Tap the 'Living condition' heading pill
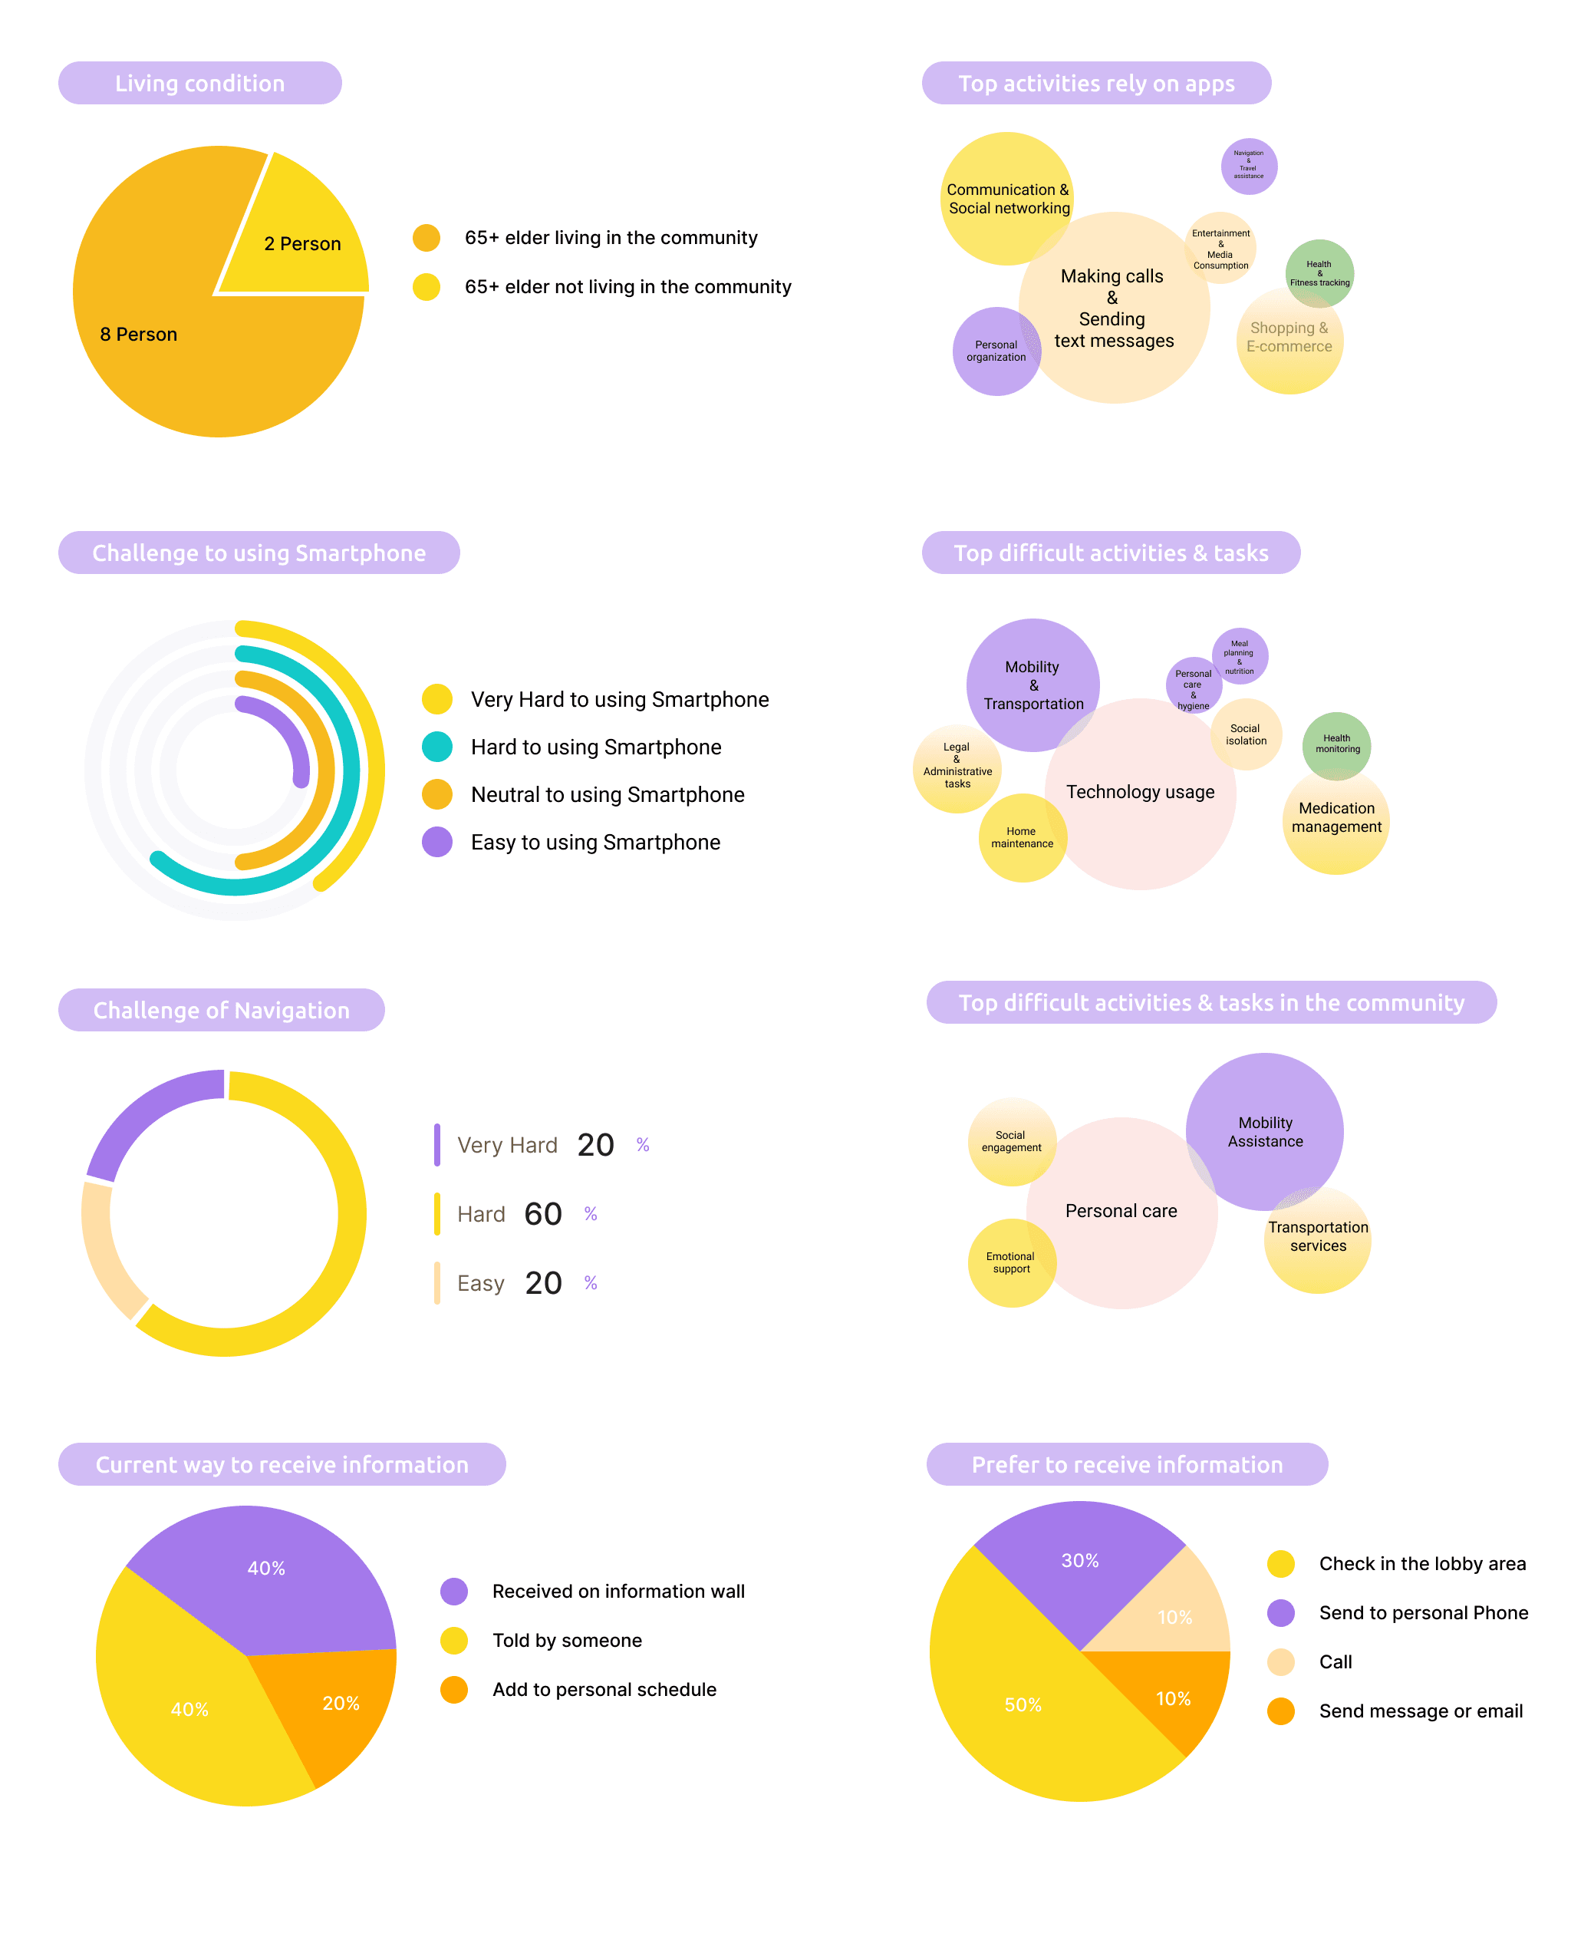(200, 84)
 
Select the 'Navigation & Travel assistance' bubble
(1249, 166)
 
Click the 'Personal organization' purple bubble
(995, 352)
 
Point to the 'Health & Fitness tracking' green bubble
(1319, 272)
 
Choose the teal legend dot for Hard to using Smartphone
(437, 747)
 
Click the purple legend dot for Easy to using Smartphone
(437, 842)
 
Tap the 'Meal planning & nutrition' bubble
(1240, 656)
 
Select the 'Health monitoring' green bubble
(1336, 745)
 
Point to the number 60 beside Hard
(543, 1214)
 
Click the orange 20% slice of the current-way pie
(339, 1707)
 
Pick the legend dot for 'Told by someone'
(453, 1641)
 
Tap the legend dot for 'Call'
(1280, 1662)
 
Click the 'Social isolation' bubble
(1246, 734)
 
